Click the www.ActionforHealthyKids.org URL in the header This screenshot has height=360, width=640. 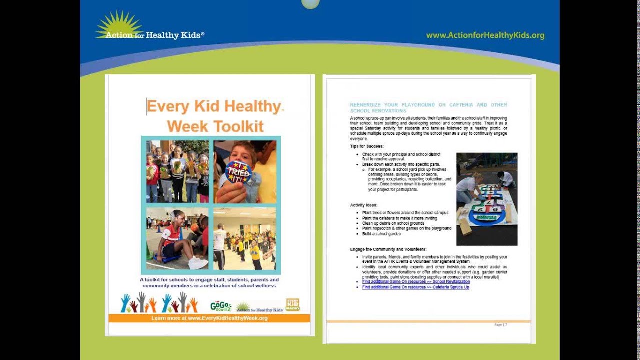pos(485,35)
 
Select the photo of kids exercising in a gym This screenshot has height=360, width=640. pos(244,239)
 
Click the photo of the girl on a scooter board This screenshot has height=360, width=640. pos(177,239)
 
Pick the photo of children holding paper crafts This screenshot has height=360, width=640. pos(177,171)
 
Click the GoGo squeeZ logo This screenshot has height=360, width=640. pos(220,306)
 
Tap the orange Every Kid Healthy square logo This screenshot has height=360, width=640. pos(293,305)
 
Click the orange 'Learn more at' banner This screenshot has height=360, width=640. pos(209,318)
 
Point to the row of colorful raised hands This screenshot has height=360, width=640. pos(159,303)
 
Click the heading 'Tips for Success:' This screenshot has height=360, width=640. pos(367,146)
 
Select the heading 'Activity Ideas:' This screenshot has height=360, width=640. pos(363,205)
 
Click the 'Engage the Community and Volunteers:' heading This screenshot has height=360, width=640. pos(388,249)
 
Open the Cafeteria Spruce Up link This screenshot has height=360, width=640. pos(415,287)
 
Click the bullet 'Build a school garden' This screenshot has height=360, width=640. pos(381,234)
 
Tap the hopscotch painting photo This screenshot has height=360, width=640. pos(486,199)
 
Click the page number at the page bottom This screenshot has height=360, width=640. pos(500,325)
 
